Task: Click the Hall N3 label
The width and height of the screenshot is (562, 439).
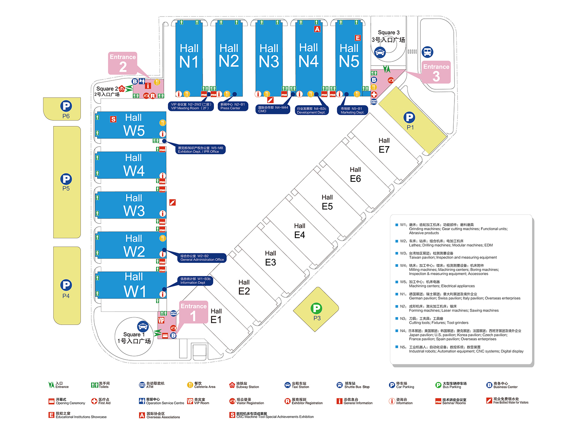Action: (x=269, y=56)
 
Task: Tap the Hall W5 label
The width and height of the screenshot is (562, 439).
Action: (x=134, y=125)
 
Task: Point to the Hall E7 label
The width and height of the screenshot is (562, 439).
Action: (x=384, y=145)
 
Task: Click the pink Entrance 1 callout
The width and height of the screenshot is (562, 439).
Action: (x=193, y=312)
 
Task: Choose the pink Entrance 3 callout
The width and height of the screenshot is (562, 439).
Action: (x=436, y=72)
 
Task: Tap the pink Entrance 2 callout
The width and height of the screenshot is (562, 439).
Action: (x=123, y=63)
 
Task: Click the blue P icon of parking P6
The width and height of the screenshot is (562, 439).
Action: (x=66, y=106)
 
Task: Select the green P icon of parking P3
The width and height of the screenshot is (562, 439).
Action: (x=317, y=309)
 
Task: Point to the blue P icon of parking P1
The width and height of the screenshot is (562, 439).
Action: (x=409, y=118)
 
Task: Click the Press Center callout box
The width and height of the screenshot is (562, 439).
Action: (x=233, y=106)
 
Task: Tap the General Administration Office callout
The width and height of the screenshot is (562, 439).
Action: (x=202, y=258)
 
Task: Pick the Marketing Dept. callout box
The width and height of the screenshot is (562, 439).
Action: (x=352, y=110)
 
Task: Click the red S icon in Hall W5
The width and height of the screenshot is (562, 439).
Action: (x=113, y=119)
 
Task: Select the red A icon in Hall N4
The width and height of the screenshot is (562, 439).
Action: (x=317, y=29)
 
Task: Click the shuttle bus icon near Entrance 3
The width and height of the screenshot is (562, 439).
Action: (x=427, y=52)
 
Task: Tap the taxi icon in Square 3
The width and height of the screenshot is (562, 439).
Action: (x=380, y=52)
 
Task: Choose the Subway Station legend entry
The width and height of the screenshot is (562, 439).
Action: (x=244, y=385)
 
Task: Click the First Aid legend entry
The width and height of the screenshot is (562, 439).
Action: (x=101, y=401)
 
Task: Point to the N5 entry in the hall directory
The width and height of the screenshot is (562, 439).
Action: (x=461, y=349)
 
